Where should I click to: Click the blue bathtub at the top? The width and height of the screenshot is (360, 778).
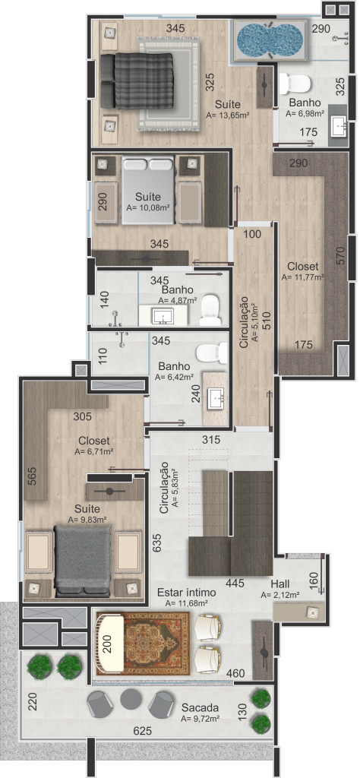pos(270,39)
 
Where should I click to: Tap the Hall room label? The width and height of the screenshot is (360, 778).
pos(281,583)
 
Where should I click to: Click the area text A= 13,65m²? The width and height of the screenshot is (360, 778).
pos(228,115)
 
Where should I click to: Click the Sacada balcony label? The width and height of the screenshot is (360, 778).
pos(201,707)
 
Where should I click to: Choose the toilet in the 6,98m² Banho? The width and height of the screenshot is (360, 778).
pos(295,84)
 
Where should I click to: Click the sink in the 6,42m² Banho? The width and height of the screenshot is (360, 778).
pos(216,395)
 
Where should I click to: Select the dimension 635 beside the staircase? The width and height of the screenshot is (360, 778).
pos(159,542)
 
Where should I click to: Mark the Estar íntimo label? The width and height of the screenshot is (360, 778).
pos(186,593)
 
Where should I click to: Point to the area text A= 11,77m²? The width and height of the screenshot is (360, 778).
pos(303,277)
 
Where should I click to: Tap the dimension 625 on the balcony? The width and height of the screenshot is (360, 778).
pos(143,730)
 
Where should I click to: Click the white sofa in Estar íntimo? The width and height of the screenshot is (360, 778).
pos(111,644)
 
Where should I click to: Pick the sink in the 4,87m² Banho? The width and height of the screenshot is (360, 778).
pos(163,315)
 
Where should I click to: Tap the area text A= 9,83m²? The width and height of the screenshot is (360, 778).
pos(90,520)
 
